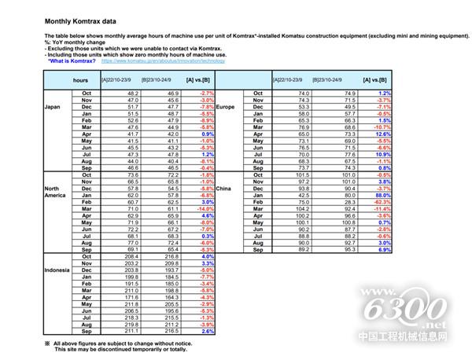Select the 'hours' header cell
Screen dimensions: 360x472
[80, 80]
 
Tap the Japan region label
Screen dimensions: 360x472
[52, 106]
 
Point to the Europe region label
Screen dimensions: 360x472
[226, 106]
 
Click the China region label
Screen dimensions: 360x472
[224, 189]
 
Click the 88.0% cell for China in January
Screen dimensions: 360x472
[381, 195]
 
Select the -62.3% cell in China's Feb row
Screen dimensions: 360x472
[381, 202]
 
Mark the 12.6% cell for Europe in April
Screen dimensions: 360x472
[382, 134]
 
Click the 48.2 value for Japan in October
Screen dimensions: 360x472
[131, 94]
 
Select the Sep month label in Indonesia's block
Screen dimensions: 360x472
[87, 332]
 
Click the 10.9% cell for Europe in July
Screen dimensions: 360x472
[382, 155]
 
